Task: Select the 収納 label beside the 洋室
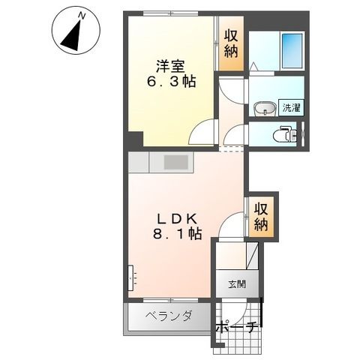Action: click(x=231, y=44)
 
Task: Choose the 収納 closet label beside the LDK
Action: click(x=260, y=215)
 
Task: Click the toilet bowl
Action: click(x=284, y=135)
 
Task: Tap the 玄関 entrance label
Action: click(x=238, y=285)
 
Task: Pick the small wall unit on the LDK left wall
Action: click(x=132, y=278)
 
